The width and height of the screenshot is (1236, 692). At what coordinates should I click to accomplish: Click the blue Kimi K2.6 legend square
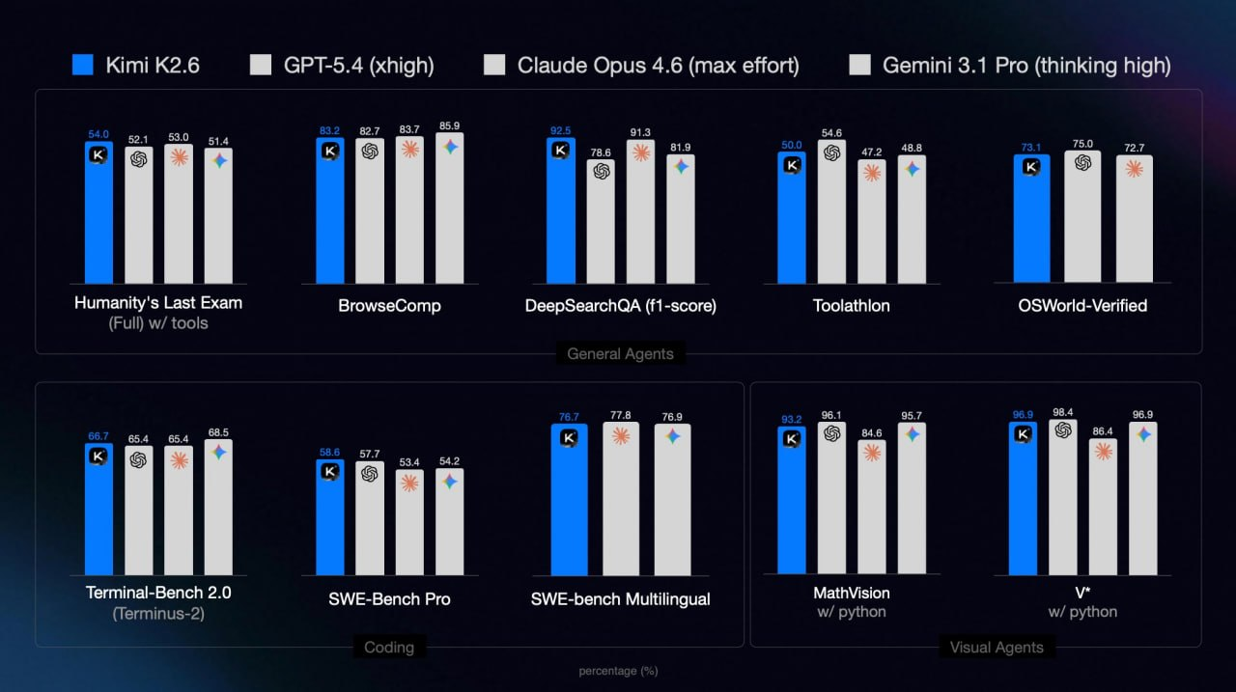tap(83, 65)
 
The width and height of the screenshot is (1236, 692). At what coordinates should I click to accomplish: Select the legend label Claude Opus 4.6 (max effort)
tap(658, 65)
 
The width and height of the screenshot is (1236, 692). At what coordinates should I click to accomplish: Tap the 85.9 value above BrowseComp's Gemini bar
tap(450, 125)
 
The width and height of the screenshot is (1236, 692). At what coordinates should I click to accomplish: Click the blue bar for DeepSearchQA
tap(561, 217)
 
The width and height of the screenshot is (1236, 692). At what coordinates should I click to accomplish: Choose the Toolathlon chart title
tap(851, 305)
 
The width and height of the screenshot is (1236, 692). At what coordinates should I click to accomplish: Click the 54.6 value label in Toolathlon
tap(831, 132)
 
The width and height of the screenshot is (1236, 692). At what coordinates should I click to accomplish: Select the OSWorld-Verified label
tap(1082, 305)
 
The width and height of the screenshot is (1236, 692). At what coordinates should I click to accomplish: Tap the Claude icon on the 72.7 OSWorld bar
tap(1135, 168)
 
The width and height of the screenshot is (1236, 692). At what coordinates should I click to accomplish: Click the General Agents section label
tap(620, 353)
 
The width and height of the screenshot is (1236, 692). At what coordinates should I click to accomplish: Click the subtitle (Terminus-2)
tap(158, 612)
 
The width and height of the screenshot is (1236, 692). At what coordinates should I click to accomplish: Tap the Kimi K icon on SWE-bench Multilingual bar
tap(569, 437)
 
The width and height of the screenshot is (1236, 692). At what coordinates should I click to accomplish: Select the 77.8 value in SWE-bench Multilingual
tap(621, 415)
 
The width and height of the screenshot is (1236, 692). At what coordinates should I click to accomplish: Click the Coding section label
tap(388, 647)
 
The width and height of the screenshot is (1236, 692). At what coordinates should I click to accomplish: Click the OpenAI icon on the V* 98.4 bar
tap(1063, 430)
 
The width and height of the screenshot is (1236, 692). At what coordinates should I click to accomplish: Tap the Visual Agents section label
tap(996, 647)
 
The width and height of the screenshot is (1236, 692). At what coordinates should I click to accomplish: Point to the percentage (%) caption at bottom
tap(618, 670)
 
